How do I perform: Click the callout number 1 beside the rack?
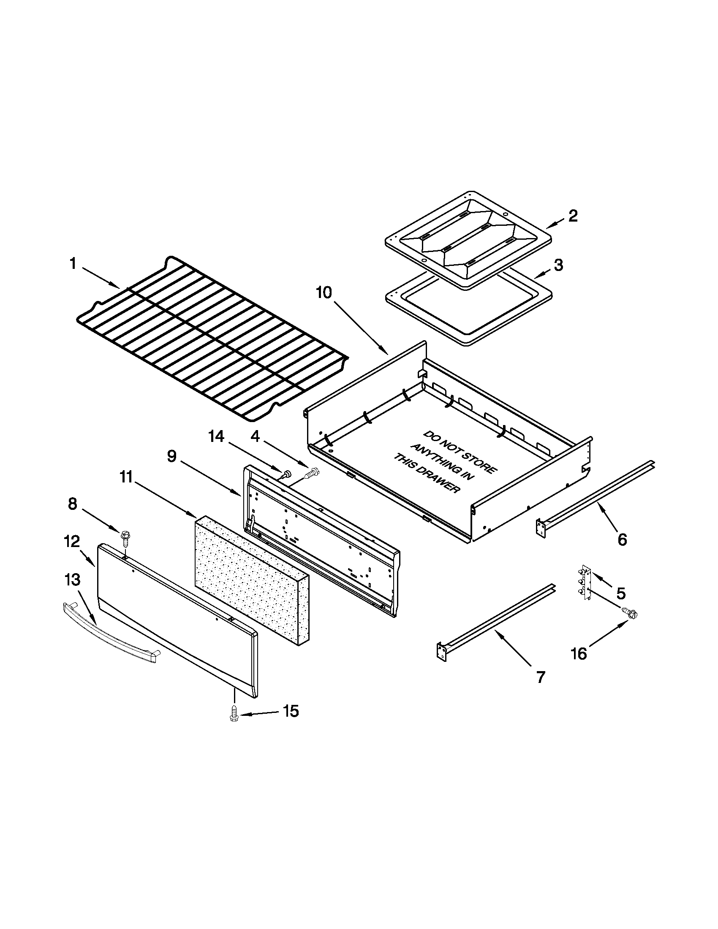73,264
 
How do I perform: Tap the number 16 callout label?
579,653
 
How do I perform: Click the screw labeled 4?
313,473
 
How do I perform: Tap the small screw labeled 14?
286,473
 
